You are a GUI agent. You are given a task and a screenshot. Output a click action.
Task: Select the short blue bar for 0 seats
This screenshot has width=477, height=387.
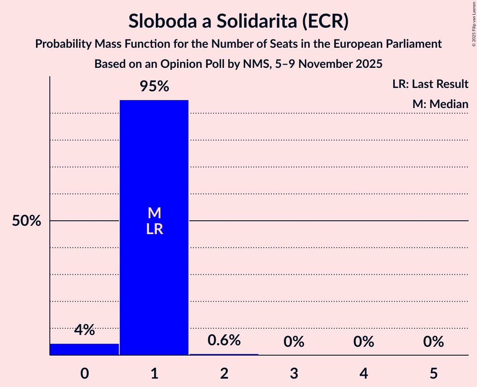point(85,349)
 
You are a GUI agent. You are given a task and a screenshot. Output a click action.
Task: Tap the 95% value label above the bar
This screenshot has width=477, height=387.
point(154,87)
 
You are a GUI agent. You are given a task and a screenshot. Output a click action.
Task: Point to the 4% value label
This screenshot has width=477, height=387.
point(85,330)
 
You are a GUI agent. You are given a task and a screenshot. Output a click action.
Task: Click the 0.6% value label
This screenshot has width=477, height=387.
point(224,340)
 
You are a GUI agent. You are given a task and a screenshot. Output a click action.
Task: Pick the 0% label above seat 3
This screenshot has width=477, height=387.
point(294,342)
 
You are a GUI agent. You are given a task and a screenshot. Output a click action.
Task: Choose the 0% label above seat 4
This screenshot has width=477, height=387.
point(364,342)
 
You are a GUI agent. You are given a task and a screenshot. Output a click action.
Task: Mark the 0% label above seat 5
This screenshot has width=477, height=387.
point(433,342)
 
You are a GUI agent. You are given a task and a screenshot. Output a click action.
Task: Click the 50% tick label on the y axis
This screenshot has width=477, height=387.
point(26,221)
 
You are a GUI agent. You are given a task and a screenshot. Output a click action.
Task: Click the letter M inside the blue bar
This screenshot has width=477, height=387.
point(155,213)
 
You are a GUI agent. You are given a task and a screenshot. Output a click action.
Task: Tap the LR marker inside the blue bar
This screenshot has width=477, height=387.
point(155,229)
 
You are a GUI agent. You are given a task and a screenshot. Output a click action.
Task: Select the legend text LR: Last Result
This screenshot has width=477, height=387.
point(430,84)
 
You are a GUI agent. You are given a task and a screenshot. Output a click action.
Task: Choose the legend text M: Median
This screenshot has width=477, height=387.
point(440,104)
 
